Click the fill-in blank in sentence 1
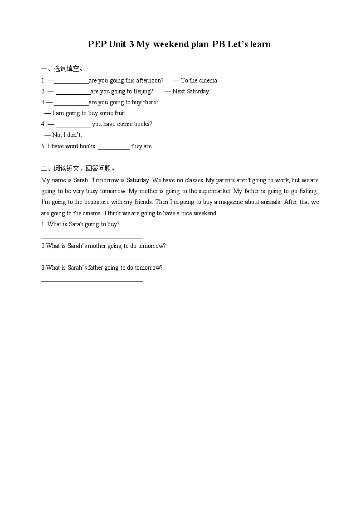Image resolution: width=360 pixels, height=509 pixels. point(71,81)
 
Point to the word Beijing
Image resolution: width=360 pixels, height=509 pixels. point(143,92)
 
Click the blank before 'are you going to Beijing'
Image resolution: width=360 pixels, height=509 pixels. point(73,92)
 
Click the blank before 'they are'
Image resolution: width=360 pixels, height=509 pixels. point(114,147)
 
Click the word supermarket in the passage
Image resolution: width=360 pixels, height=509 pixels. point(215,191)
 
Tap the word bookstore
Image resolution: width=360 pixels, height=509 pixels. point(87,202)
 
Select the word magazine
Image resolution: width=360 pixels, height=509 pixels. point(234,202)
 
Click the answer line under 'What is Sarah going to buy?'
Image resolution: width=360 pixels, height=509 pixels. point(92,237)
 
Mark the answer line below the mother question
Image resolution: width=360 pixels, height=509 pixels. point(92,259)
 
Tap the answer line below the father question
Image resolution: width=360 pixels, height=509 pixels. point(92,281)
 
